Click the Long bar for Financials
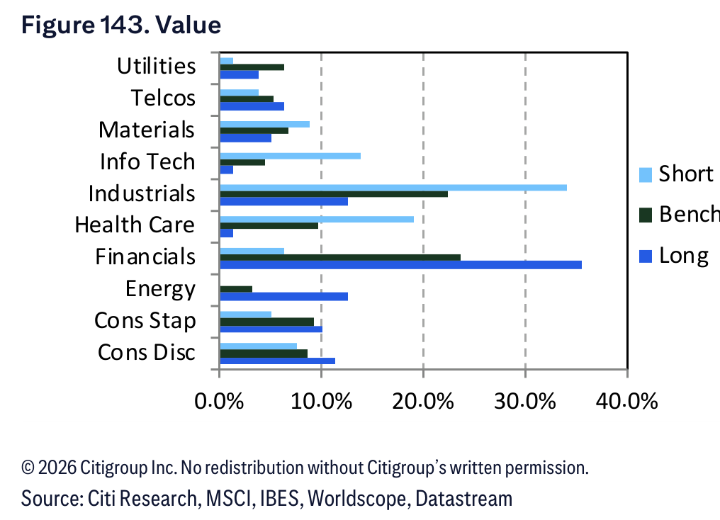pos(401,265)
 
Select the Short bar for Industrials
pos(393,188)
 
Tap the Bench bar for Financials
pos(340,257)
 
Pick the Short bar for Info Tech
pos(291,156)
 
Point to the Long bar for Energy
pos(283,297)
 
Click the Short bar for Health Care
pos(317,220)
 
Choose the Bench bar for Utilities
pos(252,67)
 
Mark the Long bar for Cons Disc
pos(277,361)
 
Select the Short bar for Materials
pos(265,125)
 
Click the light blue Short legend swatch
pos(646,175)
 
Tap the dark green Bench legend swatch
pos(646,215)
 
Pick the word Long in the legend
pos(684,256)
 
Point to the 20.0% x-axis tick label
pos(423,402)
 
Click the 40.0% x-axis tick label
pos(626,402)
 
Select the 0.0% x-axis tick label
pos(219,402)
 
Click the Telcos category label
pos(164,98)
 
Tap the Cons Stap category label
pos(145,321)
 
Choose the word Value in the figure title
pos(189,25)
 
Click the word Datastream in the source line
pos(463,499)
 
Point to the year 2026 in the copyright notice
pos(57,468)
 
